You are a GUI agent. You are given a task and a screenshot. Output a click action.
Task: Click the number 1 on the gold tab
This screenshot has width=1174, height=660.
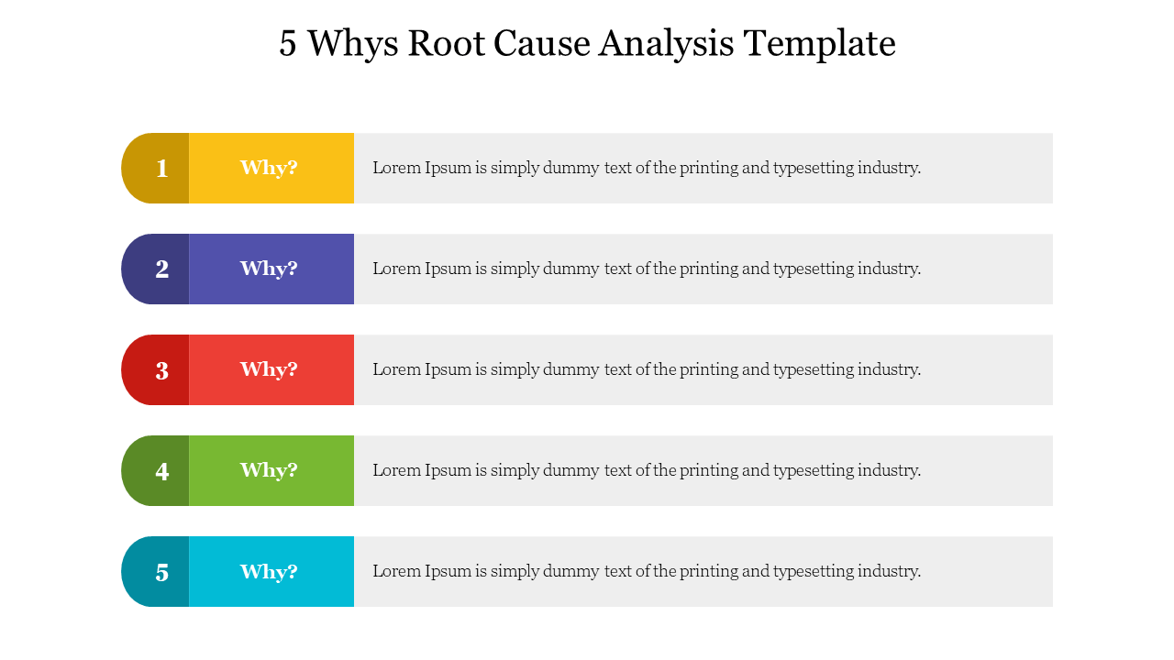coord(162,169)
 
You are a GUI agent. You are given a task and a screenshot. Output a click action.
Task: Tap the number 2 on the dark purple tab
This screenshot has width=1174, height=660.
coord(162,269)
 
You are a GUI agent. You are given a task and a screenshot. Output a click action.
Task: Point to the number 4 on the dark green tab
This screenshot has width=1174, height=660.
coord(162,471)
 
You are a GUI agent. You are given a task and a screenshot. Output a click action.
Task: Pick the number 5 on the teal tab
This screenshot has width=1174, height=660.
coord(162,573)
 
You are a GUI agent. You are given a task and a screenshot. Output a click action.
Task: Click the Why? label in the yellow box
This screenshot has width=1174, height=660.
coord(269,168)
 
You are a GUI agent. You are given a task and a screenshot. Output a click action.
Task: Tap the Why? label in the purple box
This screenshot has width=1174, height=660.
coord(269,269)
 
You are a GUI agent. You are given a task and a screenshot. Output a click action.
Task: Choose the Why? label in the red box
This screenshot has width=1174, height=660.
coord(269,369)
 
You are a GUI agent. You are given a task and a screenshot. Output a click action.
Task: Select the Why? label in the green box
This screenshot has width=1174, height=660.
coord(269,470)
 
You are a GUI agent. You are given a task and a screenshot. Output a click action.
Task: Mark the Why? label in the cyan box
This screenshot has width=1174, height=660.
coord(269,571)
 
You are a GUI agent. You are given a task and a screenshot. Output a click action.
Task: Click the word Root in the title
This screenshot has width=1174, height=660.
coord(446,43)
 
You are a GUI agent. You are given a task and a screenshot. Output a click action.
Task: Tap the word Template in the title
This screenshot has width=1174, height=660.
coord(820,45)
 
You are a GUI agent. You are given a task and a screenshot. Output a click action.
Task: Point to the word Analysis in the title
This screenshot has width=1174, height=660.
coord(666,45)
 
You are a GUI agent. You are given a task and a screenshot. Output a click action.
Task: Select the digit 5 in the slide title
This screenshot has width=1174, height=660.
coord(288,43)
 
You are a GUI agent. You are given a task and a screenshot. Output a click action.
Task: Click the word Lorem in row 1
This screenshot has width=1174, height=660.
coord(397,168)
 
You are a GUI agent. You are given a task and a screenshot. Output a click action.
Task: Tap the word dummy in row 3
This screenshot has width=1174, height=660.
coord(570,370)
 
